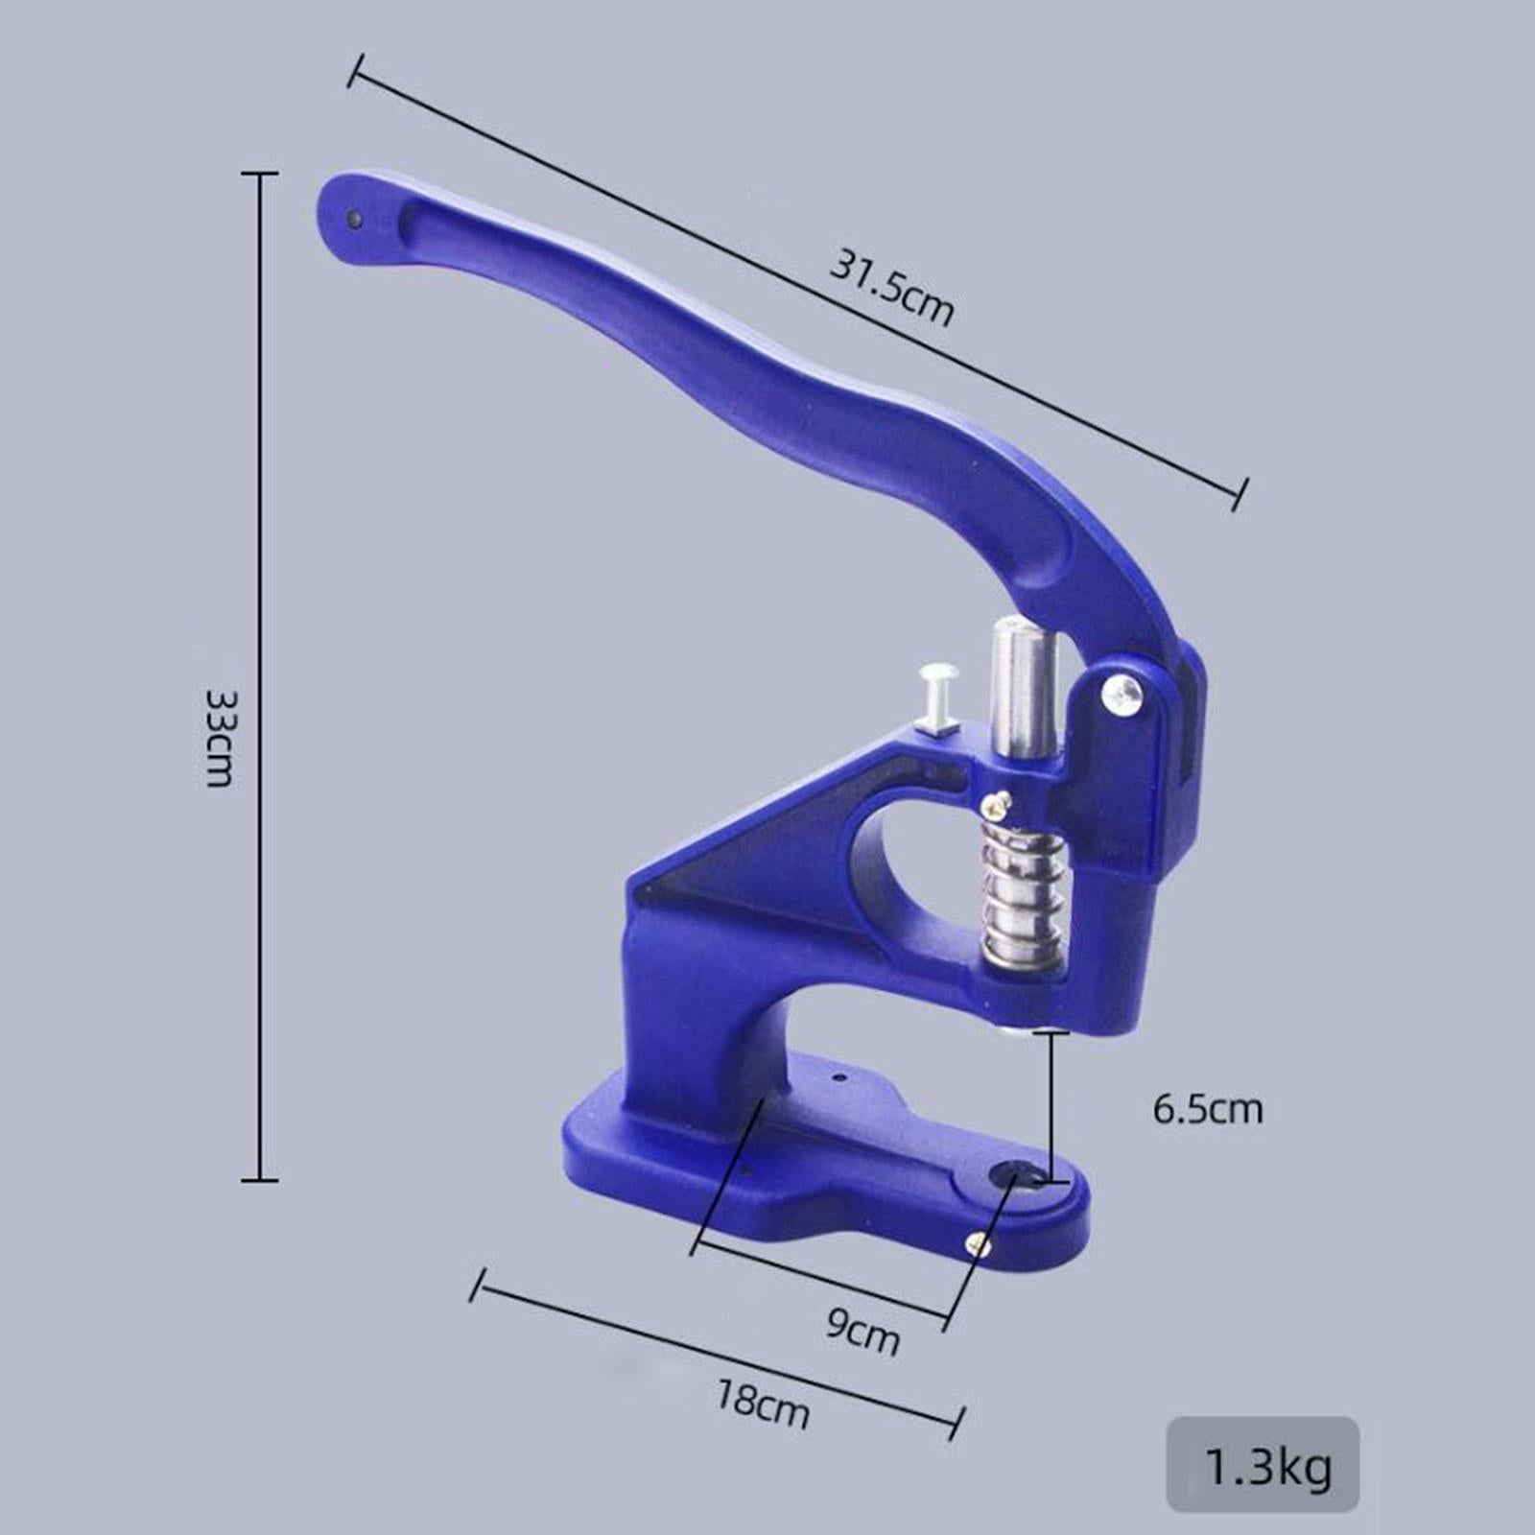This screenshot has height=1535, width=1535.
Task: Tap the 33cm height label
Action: tap(220, 738)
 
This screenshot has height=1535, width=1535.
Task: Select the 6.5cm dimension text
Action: tap(1207, 1109)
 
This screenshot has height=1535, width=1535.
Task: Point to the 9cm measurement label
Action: tap(862, 1332)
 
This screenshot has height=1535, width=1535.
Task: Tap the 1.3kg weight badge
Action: tap(1263, 1465)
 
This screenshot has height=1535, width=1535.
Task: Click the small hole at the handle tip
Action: tap(354, 220)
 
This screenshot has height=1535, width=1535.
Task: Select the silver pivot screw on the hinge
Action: tap(1122, 693)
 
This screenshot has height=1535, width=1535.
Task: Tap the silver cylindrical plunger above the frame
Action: tap(1025, 686)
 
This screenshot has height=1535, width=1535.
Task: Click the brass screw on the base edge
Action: tap(979, 1245)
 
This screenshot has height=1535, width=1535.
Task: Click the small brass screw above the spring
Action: tap(999, 804)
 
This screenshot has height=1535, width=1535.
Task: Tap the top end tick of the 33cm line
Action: tap(259, 174)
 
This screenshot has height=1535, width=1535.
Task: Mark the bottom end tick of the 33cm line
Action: tap(259, 1179)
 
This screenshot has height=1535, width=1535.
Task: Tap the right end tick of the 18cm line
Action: tap(956, 1423)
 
